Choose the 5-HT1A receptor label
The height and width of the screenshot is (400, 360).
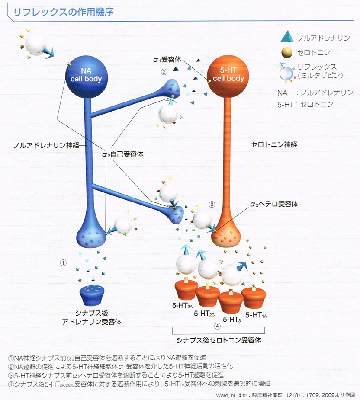(257, 315)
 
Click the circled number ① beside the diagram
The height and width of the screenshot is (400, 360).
(63, 262)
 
